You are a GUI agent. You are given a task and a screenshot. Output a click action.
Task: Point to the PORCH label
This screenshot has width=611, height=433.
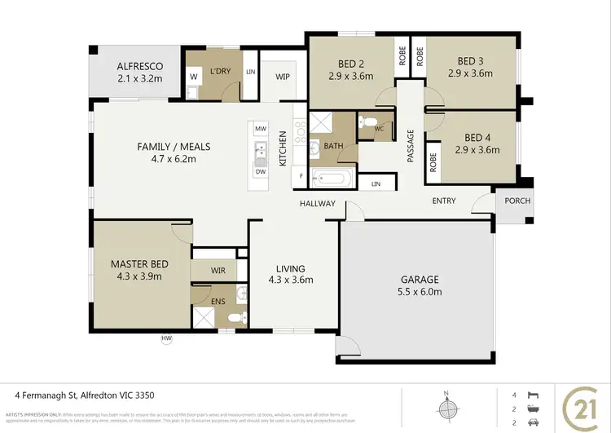517,201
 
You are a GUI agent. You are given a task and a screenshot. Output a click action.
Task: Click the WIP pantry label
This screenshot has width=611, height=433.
283,77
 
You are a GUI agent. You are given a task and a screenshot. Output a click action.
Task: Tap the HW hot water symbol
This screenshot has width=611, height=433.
167,338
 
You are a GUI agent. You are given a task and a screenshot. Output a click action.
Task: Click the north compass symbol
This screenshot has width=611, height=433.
445,405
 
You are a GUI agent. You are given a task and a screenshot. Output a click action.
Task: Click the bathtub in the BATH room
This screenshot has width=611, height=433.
333,177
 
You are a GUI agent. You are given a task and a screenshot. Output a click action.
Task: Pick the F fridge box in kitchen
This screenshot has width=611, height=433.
302,176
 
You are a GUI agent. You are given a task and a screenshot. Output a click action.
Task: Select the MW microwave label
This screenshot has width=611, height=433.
261,130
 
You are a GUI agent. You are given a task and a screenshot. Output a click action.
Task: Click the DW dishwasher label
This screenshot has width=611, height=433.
261,172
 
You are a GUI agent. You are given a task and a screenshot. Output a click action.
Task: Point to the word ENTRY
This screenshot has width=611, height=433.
444,201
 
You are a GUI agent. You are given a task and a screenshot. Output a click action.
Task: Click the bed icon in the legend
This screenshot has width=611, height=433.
534,395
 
